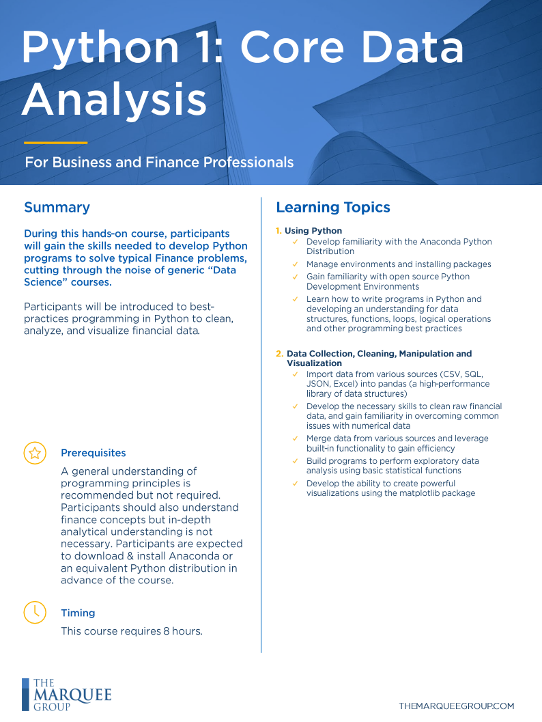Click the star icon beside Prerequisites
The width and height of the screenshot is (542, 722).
point(35,452)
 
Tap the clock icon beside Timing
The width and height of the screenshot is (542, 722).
point(35,612)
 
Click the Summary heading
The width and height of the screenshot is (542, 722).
point(57,207)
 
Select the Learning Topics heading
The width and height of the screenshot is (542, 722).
point(332,207)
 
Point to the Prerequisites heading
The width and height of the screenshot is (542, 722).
point(93,453)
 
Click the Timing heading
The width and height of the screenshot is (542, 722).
point(78,613)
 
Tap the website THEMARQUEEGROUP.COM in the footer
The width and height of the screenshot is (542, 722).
point(456,706)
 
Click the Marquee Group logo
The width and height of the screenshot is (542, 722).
point(66,694)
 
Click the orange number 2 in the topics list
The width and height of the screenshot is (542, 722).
point(279,354)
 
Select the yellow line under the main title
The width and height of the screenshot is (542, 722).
point(55,143)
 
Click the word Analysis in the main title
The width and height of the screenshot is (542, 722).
point(114,99)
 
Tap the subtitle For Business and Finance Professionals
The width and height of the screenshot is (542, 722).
point(159,163)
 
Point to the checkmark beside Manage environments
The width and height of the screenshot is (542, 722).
point(295,264)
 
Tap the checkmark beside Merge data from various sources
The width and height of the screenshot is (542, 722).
point(295,439)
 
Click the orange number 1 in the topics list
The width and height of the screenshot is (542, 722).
point(279,231)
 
